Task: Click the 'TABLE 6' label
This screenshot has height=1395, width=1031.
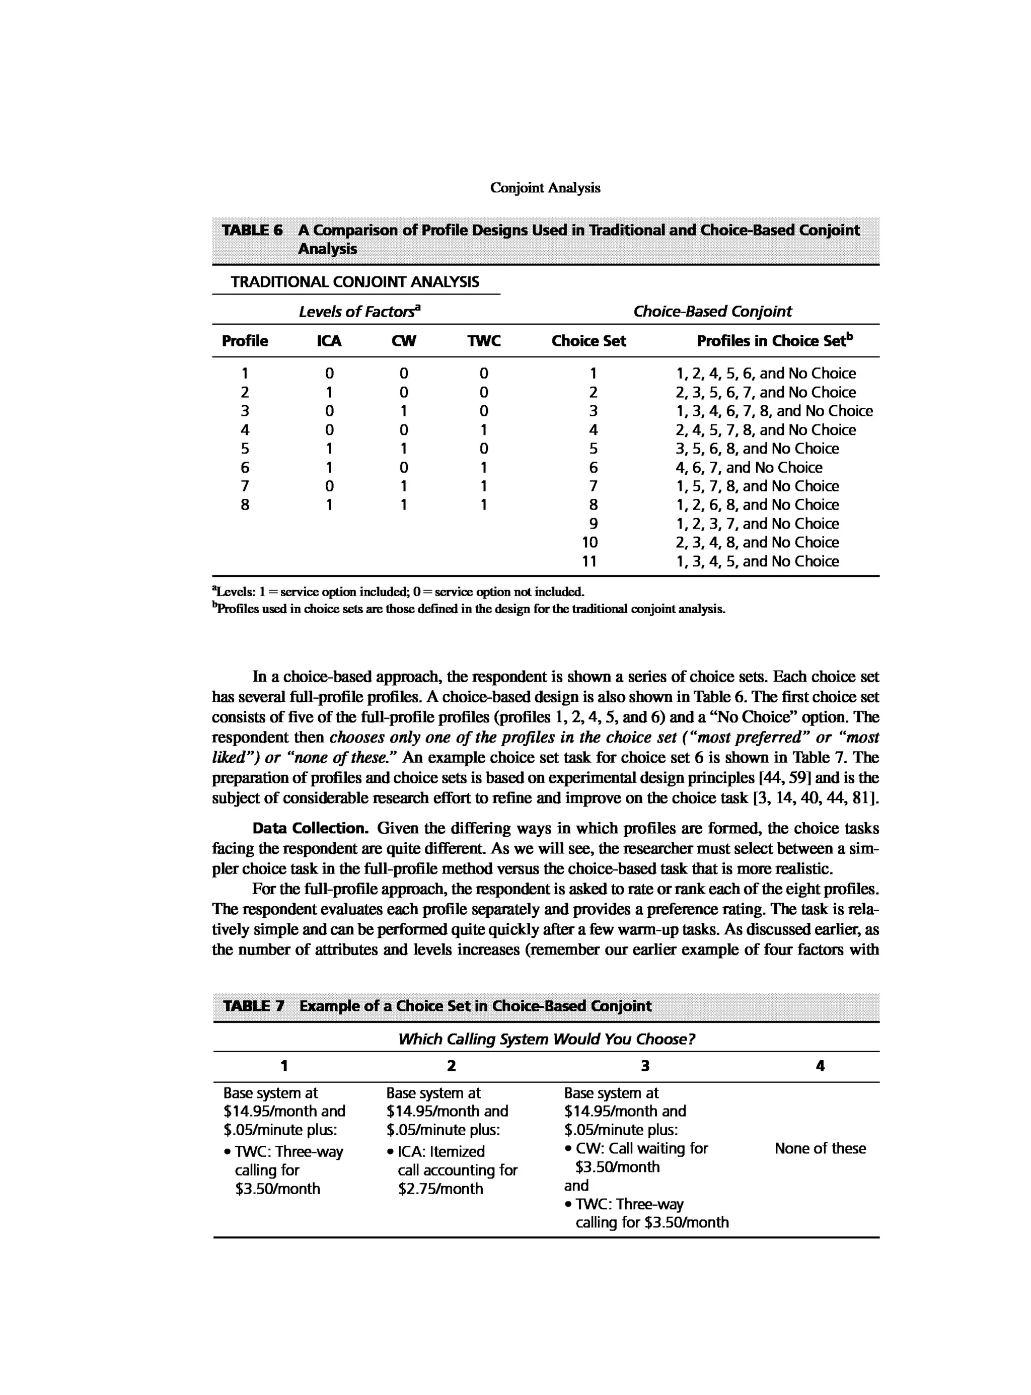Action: point(252,230)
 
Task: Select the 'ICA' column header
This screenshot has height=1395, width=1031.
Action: point(329,341)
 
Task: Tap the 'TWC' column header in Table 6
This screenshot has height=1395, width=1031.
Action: point(484,341)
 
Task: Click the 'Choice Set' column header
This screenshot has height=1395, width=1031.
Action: point(588,341)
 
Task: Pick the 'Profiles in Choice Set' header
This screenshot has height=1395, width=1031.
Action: point(774,341)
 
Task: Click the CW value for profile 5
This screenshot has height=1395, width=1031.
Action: point(404,449)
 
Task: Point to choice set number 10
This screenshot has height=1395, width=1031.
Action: point(589,542)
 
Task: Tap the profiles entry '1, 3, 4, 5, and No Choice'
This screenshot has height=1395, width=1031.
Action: point(757,561)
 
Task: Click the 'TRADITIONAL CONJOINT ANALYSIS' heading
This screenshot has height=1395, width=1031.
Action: point(354,282)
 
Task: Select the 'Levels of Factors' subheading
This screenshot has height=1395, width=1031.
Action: point(359,312)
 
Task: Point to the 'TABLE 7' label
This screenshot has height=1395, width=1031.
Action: point(253,1006)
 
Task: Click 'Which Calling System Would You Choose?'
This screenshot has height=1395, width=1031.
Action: point(546,1039)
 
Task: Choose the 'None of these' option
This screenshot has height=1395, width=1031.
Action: point(820,1148)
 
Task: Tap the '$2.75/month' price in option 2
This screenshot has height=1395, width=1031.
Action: point(440,1189)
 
